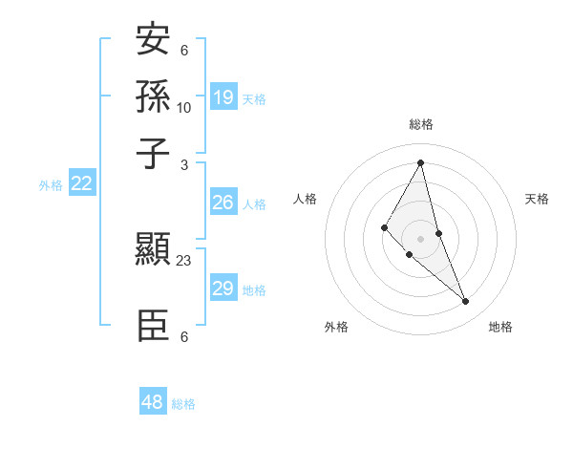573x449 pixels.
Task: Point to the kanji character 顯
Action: [153, 251]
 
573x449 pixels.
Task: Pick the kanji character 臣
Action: [153, 326]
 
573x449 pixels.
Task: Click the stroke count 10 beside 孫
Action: [184, 108]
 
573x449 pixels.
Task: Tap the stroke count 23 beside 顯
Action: [184, 259]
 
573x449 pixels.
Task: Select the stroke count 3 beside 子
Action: [184, 164]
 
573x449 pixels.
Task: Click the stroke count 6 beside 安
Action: [184, 51]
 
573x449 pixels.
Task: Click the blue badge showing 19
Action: [223, 96]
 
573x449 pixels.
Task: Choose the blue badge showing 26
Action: [223, 203]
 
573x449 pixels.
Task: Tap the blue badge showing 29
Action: [223, 289]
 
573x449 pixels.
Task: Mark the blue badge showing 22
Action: [81, 184]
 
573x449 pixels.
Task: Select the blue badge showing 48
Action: [153, 402]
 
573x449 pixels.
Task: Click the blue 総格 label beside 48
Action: [183, 404]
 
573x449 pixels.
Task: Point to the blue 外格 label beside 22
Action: [51, 185]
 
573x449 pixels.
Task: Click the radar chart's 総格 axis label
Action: [421, 124]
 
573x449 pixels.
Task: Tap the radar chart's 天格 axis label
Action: [537, 199]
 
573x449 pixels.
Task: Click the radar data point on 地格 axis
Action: [466, 302]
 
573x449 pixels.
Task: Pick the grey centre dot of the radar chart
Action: [420, 239]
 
